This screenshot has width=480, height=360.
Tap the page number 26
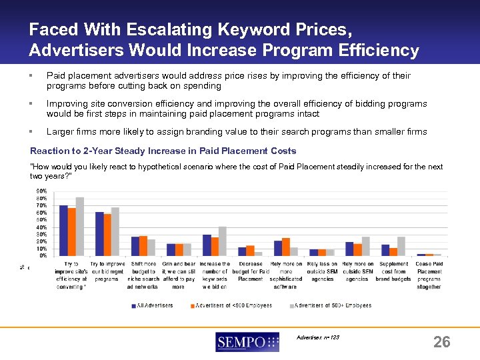(x=441, y=342)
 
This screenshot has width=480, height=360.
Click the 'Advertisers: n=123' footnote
(x=318, y=337)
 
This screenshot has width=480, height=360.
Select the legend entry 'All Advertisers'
(x=154, y=305)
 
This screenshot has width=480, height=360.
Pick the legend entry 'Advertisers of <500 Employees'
(x=229, y=305)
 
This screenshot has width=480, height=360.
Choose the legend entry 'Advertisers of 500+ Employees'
(x=332, y=305)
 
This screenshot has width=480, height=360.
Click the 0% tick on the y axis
(x=43, y=255)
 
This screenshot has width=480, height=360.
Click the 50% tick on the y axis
(x=41, y=219)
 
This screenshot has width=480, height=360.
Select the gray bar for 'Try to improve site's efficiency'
(x=80, y=226)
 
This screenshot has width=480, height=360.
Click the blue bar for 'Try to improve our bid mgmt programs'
(x=99, y=233)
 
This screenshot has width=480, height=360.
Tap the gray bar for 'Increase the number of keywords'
(x=223, y=241)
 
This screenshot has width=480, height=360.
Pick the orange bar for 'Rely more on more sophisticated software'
(x=286, y=247)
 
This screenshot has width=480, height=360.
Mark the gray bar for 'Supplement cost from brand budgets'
(x=401, y=246)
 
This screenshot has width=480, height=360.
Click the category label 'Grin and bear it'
(x=179, y=275)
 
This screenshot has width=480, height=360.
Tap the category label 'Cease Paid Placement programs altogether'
(x=429, y=275)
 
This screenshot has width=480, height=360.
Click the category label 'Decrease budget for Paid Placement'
(x=251, y=271)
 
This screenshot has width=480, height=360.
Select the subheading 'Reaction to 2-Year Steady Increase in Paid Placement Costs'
(x=163, y=151)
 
